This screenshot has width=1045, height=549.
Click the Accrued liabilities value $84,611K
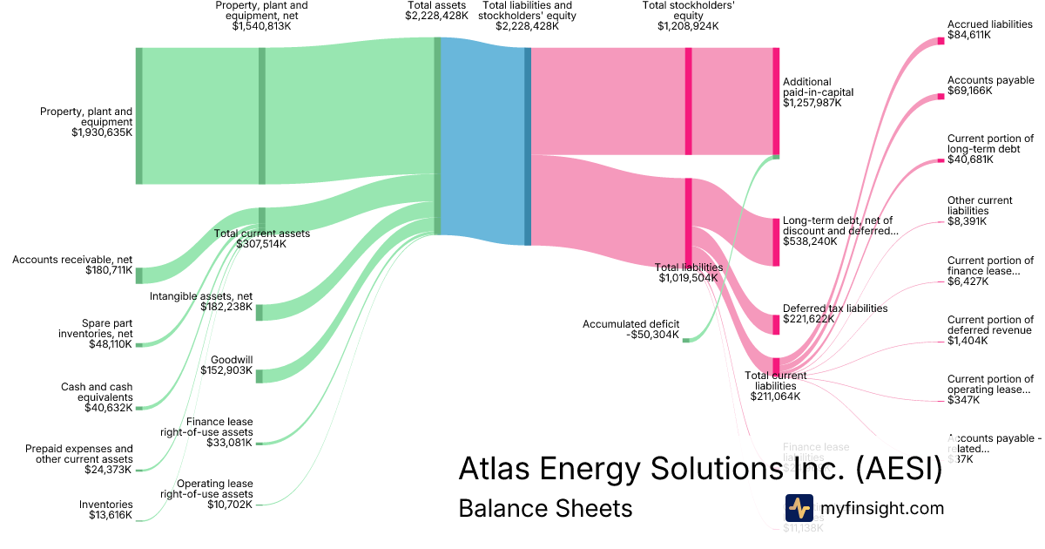969,37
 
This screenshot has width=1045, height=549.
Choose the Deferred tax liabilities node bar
776,323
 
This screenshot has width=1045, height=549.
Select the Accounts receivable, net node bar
138,275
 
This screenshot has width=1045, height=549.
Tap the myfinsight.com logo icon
799,508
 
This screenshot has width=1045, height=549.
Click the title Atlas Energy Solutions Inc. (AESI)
700,470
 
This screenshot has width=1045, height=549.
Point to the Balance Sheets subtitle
545,508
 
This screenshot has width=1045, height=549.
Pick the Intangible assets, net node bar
260,312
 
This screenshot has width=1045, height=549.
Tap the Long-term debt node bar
776,241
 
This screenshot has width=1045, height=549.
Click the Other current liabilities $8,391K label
980,211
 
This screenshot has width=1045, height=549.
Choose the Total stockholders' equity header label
688,16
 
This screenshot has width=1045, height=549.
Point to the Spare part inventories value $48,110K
111,344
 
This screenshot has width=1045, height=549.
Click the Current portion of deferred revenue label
990,329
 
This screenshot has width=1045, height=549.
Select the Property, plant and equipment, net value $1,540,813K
261,27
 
